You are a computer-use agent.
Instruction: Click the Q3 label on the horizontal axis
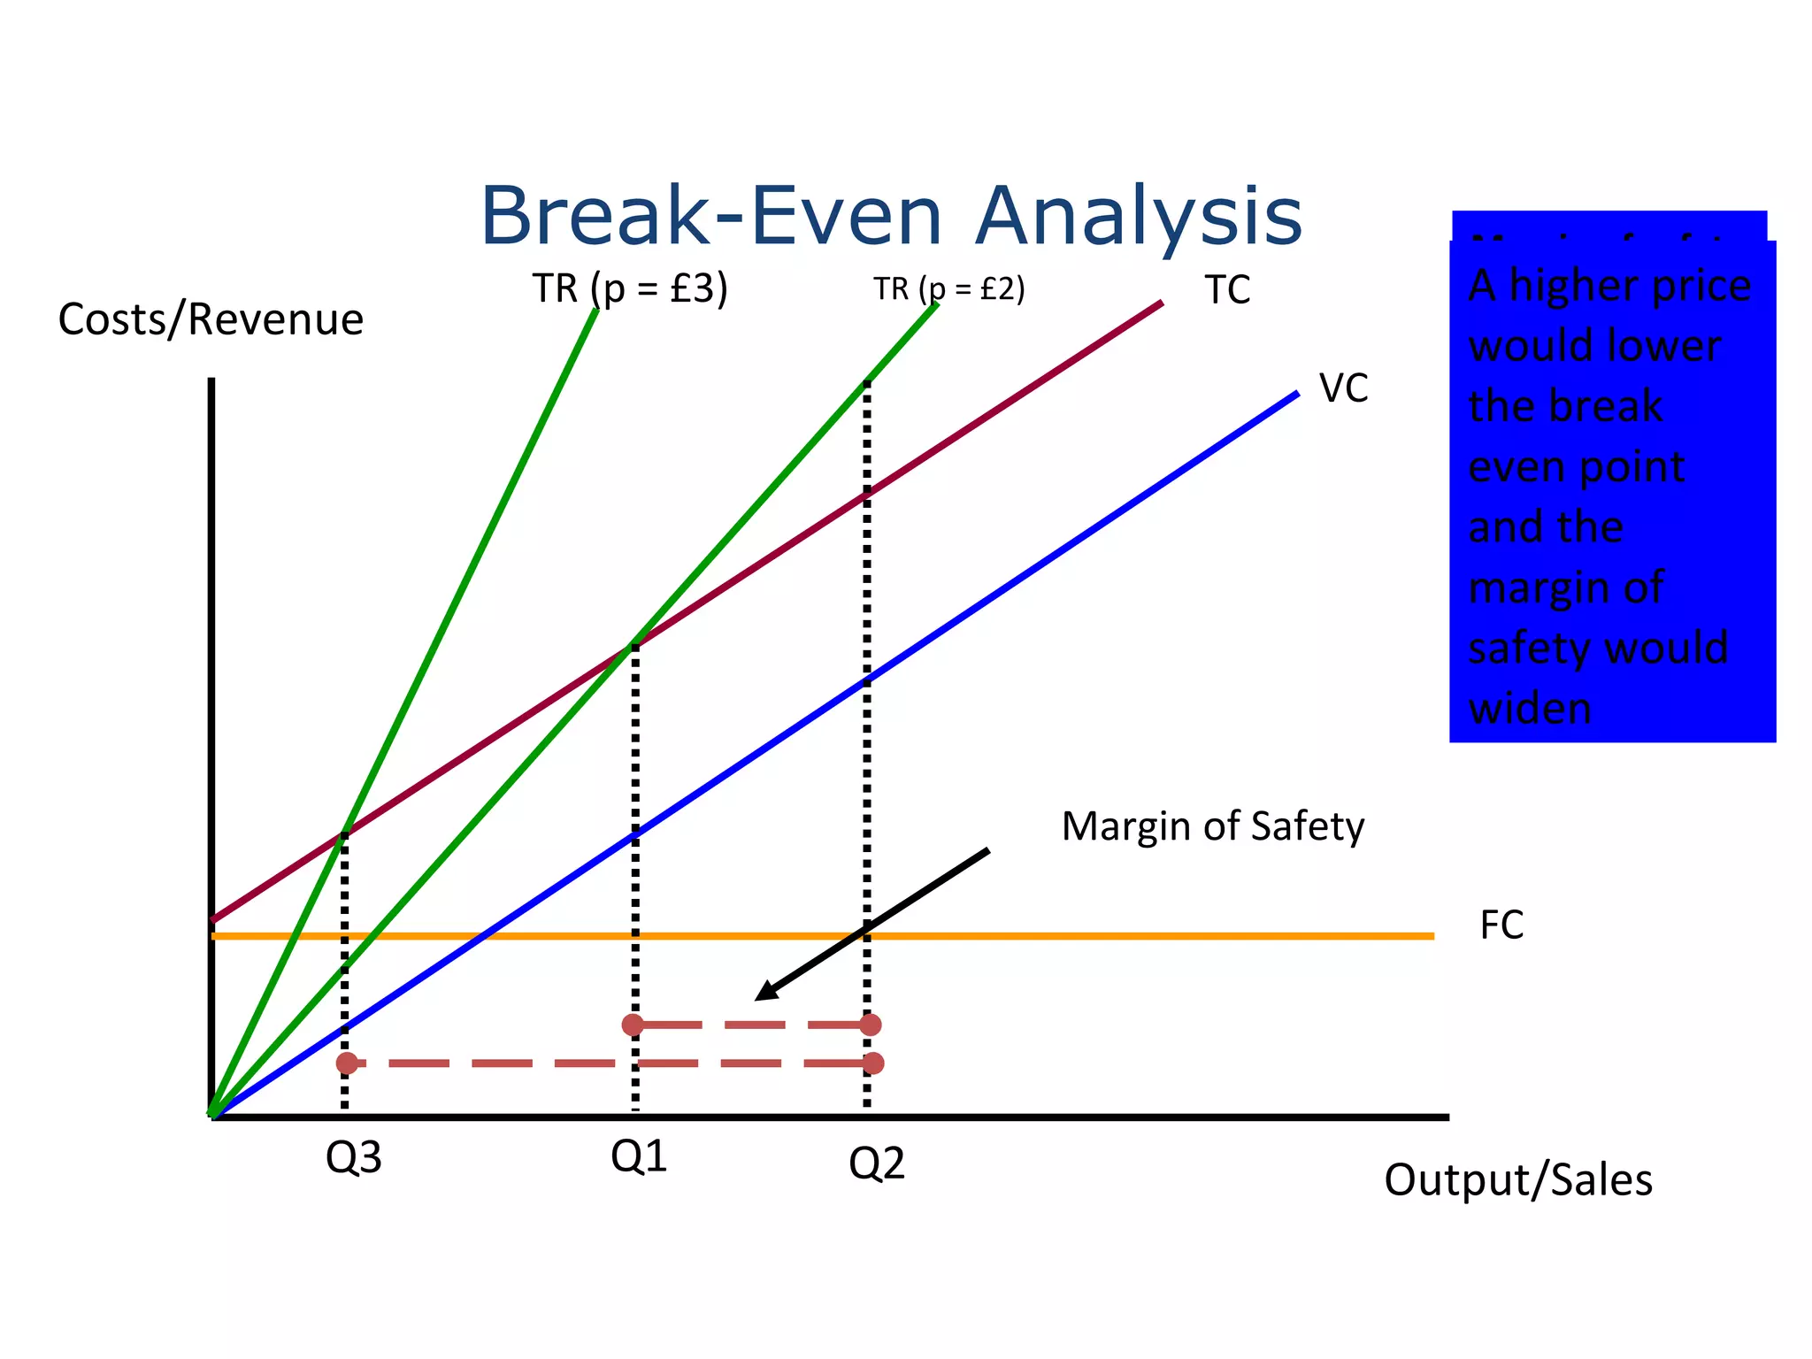[x=353, y=1157]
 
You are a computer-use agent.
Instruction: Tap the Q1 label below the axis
[x=638, y=1156]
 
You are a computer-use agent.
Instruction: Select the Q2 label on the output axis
[x=876, y=1163]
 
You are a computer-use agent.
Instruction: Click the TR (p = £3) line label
[x=629, y=288]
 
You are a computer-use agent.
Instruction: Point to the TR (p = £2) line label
[x=948, y=288]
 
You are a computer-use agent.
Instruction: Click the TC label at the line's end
[x=1227, y=290]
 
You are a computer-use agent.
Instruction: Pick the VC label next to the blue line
[x=1343, y=388]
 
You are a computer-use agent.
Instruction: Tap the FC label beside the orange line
[x=1501, y=925]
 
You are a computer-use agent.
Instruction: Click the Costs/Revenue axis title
[x=211, y=319]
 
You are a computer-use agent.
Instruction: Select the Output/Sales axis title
[x=1517, y=1180]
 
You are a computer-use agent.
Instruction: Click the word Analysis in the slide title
[x=1138, y=217]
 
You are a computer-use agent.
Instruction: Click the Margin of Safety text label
[x=1212, y=826]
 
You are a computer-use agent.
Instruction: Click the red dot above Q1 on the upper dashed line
[x=633, y=1025]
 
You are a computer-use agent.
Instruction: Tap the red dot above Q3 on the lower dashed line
[x=347, y=1063]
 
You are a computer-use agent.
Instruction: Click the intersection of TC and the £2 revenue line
[x=632, y=646]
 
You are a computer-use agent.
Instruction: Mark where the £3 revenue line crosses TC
[x=343, y=833]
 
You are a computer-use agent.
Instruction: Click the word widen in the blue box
[x=1530, y=709]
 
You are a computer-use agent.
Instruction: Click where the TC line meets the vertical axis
[x=212, y=919]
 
